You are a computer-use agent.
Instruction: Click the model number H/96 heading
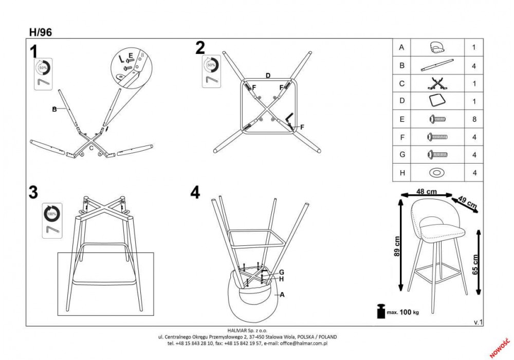41,31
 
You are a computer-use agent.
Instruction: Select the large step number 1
34,51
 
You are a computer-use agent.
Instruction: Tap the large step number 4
195,192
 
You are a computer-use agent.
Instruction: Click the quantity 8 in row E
474,119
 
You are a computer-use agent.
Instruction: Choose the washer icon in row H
436,173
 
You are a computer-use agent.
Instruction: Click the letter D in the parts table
402,101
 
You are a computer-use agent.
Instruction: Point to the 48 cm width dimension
427,191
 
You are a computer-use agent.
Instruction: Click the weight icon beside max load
381,312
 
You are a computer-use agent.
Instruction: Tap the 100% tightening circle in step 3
52,212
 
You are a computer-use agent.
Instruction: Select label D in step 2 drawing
268,75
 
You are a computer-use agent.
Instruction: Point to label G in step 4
281,272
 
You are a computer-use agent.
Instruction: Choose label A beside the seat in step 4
282,295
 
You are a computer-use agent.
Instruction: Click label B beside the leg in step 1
53,109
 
